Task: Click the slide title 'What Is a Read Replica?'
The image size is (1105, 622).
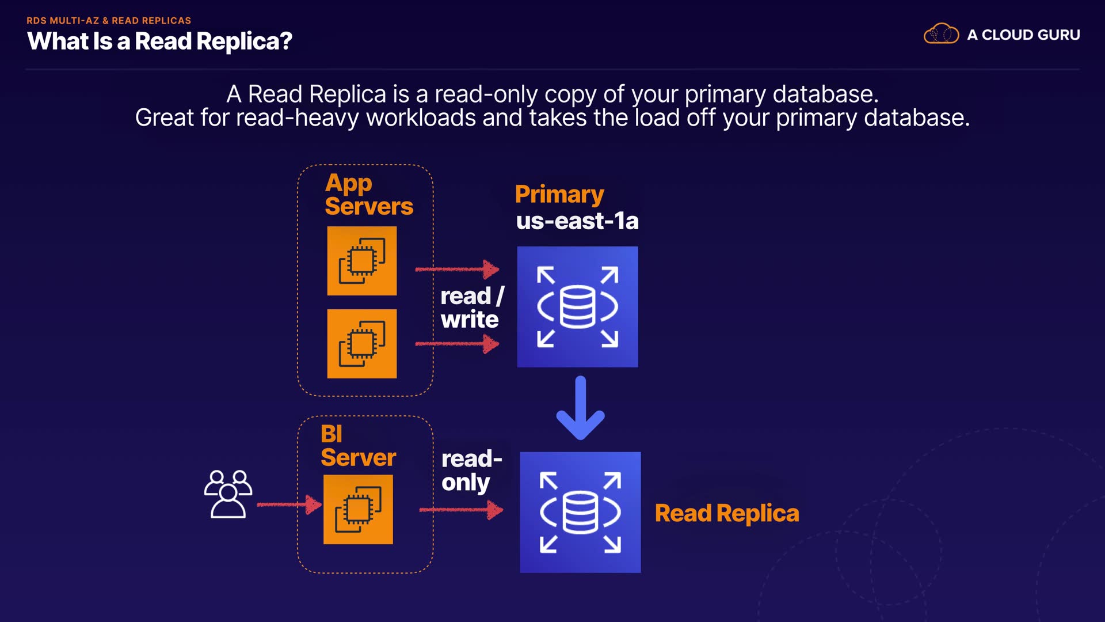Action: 159,41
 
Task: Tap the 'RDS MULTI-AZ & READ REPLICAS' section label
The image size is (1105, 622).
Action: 109,21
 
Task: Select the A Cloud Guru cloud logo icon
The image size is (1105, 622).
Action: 941,34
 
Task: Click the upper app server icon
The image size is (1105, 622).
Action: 362,261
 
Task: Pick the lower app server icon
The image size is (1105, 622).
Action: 362,344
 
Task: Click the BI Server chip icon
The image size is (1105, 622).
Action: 358,510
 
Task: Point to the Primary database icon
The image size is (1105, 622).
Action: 577,307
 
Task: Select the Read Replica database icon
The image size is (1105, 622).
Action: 580,513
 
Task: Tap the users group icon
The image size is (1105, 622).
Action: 228,494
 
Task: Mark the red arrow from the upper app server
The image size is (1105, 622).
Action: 457,269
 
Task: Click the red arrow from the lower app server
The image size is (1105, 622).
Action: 457,344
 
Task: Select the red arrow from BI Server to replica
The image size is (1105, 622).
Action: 461,510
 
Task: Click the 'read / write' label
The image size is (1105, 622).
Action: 471,308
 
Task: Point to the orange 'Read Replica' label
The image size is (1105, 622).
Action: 727,513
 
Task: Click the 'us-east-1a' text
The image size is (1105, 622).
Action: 577,221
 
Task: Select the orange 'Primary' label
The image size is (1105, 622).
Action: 559,194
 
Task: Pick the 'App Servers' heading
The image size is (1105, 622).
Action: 368,195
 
